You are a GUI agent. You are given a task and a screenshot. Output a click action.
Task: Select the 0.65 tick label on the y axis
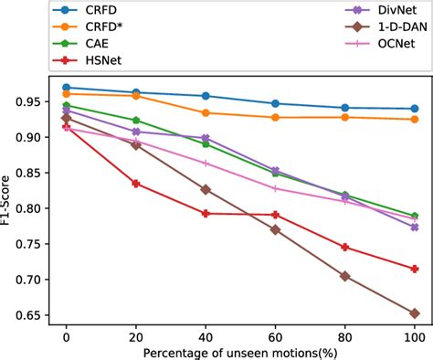click(x=26, y=316)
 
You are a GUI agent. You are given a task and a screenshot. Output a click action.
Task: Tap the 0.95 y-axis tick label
click(x=26, y=101)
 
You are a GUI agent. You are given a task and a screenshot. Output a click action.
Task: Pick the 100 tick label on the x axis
click(x=415, y=337)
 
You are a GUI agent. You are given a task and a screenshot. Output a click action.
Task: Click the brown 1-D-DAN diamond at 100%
click(x=415, y=313)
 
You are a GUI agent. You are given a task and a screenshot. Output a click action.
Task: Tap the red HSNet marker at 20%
click(x=136, y=184)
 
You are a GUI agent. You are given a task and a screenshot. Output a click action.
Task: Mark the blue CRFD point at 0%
click(x=66, y=88)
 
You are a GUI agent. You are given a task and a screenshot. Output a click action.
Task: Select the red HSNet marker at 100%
click(x=415, y=269)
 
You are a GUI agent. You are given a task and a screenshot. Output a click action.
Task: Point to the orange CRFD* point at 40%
click(x=206, y=112)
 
